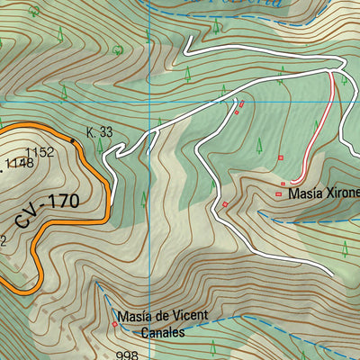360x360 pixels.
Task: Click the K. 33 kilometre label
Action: pos(99,132)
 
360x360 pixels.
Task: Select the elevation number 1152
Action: pos(40,152)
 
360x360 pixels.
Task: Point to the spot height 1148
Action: pos(20,163)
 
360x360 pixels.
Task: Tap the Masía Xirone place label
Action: pos(323,192)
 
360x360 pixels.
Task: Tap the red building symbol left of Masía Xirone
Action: pos(279,193)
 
